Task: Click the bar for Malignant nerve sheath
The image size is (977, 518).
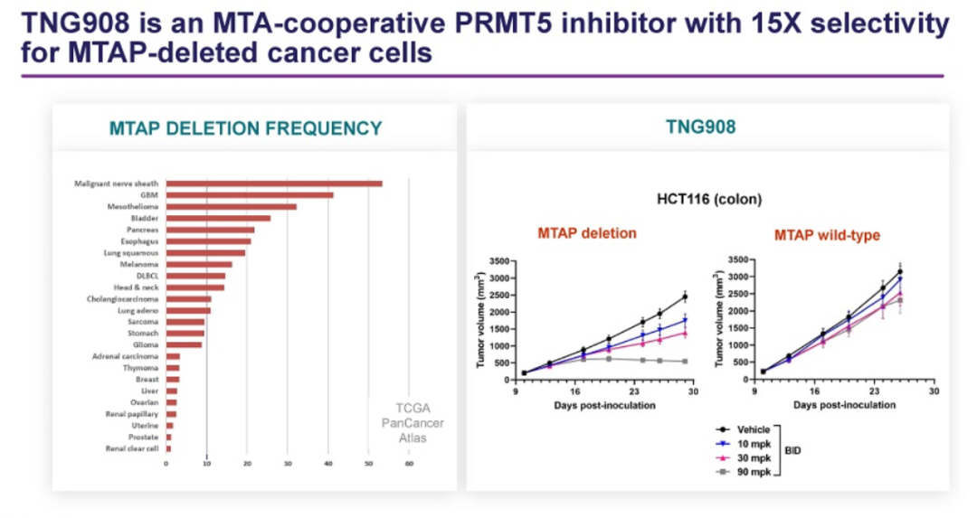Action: coord(274,184)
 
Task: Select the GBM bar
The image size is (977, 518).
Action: coord(250,195)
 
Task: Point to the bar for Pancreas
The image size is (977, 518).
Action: coord(210,230)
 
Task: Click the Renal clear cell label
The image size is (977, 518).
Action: coord(132,448)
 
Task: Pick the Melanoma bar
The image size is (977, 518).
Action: coord(199,264)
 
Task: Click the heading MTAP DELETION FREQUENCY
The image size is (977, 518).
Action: coord(246,128)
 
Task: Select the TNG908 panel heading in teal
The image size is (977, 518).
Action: coord(707,127)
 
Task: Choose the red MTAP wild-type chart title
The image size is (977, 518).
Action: coord(827,235)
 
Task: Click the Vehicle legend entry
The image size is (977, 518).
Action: coord(754,429)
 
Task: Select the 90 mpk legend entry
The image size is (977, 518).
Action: coord(754,473)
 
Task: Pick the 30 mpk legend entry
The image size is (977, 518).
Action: coord(754,458)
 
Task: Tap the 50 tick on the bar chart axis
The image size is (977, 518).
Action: coord(368,464)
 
